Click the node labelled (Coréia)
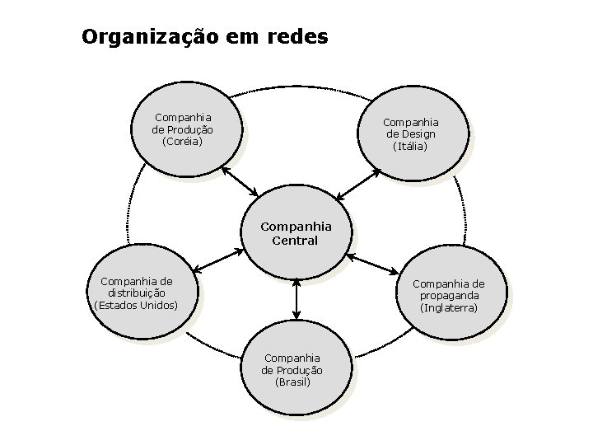tap(183, 129)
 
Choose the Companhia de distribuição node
tap(137, 293)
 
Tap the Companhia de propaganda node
tap(449, 295)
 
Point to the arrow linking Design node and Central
tap(357, 185)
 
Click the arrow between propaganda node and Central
tap(374, 264)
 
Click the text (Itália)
tap(409, 146)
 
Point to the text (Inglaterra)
tap(449, 307)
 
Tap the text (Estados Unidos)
tap(137, 305)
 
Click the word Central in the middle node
tap(295, 241)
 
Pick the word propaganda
tap(449, 295)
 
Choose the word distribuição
tap(137, 293)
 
